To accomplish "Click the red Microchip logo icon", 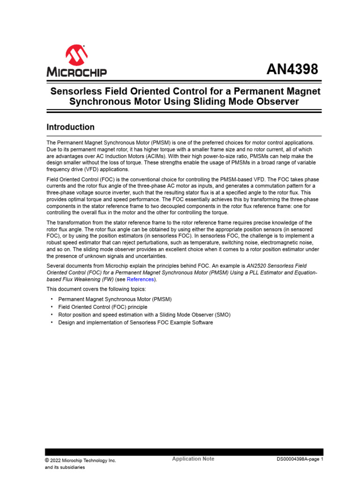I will click(76, 55).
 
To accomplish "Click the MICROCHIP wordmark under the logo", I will click(76, 72).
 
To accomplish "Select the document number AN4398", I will click(292, 69).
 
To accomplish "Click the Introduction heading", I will click(70, 127).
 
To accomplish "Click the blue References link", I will click(140, 279).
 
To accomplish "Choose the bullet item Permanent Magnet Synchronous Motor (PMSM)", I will click(114, 299).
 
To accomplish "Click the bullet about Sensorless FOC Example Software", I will click(135, 322).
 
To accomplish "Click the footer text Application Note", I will click(193, 459).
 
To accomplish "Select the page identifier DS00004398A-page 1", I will click(300, 459).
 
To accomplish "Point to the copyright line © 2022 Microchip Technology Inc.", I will click(80, 460).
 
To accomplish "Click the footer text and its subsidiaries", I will click(65, 467).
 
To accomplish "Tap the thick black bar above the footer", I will click(184, 452).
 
